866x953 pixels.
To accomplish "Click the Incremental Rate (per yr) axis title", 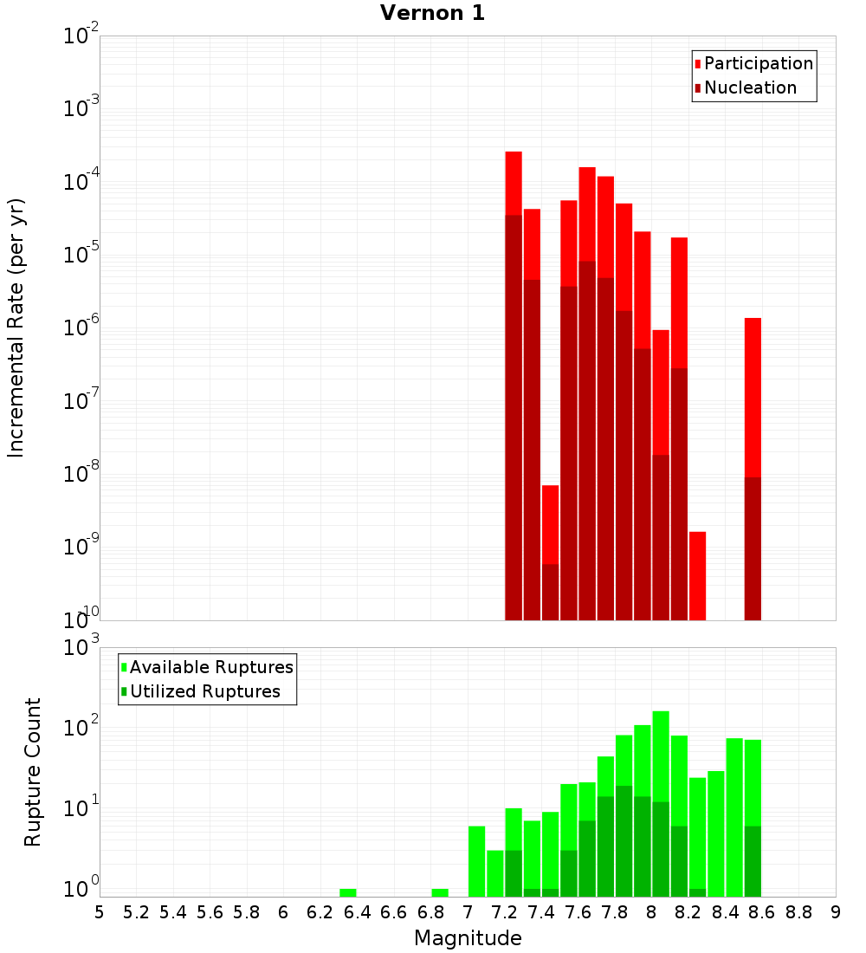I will point(16,327).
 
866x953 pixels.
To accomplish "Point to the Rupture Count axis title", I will point(33,771).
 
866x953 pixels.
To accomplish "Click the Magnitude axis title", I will point(468,938).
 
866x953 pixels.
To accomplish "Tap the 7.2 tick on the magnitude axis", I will point(504,912).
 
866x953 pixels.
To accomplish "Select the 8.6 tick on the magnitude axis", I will point(762,912).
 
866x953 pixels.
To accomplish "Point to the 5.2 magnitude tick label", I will point(136,912).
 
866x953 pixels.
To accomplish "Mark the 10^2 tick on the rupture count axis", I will point(82,728).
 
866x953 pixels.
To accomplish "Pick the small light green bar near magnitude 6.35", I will point(347,892).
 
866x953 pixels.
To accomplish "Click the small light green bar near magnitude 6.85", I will point(440,892).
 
